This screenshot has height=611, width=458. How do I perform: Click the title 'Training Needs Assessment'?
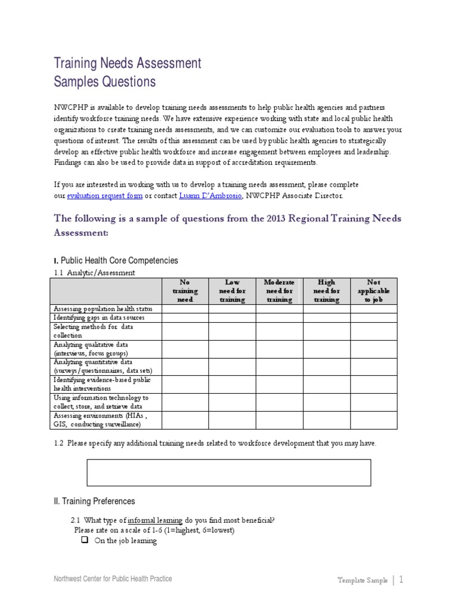pos(128,63)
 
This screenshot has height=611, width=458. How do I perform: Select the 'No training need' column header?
pos(185,291)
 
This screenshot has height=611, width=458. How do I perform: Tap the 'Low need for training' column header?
pos(232,291)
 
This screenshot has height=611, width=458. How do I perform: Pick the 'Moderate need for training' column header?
pos(279,291)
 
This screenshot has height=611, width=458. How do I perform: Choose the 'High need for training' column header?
pos(326,291)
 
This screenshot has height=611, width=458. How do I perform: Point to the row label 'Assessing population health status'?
pos(103,308)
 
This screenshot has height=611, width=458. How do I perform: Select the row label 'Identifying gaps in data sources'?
pos(99,317)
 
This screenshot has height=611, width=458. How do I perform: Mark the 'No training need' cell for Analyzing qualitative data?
pos(185,349)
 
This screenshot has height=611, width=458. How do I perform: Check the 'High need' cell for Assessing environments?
pos(326,420)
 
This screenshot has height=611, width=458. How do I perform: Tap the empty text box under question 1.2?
pos(229,473)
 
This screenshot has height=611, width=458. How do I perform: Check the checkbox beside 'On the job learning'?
pos(84,541)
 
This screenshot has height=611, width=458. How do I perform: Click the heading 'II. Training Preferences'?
pos(94,501)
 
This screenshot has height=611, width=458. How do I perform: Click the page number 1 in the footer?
pos(401,579)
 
